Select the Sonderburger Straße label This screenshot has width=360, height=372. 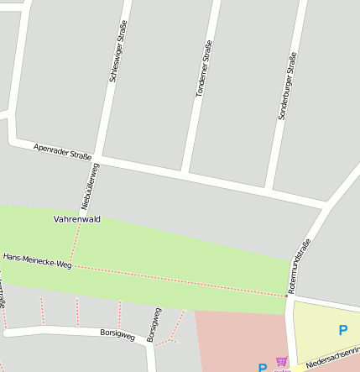pos(288,86)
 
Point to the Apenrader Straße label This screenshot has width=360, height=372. pos(62,151)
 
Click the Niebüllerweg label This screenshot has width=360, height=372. pos(90,186)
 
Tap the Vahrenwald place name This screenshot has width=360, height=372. pos(77,219)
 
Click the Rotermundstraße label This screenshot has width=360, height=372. pos(299,265)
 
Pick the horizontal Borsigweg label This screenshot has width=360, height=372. pos(117,334)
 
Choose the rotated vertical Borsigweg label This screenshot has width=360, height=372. pos(154,324)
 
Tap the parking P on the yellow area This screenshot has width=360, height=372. pos(342,331)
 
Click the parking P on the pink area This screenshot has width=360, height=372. pos(263,368)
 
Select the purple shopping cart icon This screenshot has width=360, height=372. pos(281,362)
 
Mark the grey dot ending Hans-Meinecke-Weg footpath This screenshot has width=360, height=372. pos(286,296)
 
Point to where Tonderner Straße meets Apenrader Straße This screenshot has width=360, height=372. pos(184,175)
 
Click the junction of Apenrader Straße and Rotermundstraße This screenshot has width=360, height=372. pos(326,204)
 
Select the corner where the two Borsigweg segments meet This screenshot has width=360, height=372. pos(146,341)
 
